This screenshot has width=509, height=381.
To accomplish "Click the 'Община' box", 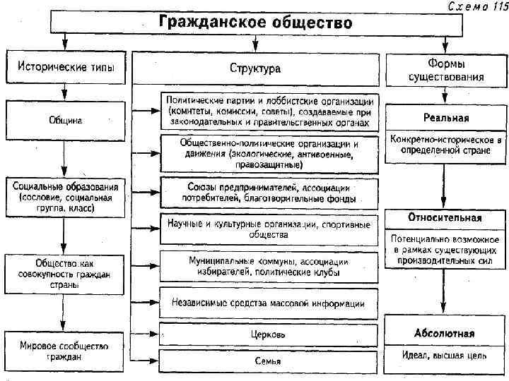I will (64, 120).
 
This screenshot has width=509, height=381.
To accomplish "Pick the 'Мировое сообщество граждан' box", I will (64, 350).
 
